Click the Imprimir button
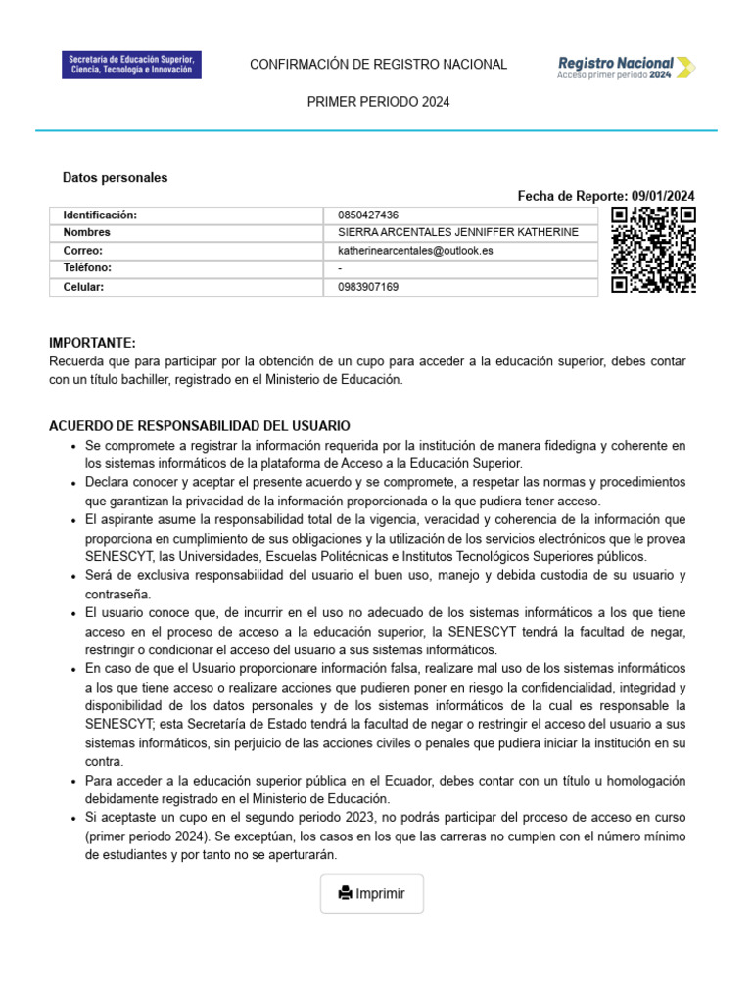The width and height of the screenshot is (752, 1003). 372,893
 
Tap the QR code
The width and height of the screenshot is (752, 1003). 653,250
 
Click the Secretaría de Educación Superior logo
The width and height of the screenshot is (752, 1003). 131,66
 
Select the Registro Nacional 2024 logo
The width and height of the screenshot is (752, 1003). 627,66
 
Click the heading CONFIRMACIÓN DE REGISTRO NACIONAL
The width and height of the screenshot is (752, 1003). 378,65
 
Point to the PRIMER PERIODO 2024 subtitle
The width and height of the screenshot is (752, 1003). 378,102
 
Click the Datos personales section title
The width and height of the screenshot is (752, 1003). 115,178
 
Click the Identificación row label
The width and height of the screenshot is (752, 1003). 100,215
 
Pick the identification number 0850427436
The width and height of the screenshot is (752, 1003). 368,215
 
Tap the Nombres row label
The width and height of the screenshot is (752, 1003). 87,233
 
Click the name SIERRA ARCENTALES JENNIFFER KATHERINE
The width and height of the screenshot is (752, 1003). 457,233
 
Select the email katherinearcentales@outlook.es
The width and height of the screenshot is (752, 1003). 415,251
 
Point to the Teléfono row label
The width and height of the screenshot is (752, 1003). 87,268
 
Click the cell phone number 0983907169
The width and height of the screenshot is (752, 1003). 368,287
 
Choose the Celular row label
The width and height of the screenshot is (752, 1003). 83,287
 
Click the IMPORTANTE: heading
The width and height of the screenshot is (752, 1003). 92,343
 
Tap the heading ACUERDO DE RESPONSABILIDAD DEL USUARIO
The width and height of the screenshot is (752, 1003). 200,426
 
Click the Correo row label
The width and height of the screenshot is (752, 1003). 83,251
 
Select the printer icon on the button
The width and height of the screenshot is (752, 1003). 345,893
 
